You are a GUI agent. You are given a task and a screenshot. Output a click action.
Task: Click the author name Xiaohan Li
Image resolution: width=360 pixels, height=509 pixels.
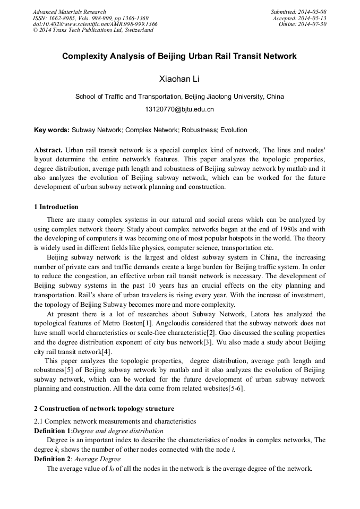[x=179, y=79]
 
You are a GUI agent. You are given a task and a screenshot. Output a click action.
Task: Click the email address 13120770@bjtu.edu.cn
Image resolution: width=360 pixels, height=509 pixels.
[x=179, y=109]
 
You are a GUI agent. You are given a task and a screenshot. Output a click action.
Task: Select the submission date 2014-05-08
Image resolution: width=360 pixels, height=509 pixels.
[x=313, y=12]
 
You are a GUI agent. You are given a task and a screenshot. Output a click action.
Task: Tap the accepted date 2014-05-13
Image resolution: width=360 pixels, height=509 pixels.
[x=313, y=18]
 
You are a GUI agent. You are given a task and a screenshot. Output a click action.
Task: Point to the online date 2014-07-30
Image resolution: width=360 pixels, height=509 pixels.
[x=313, y=24]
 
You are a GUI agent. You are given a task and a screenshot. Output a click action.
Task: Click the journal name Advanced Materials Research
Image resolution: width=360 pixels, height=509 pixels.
[x=70, y=12]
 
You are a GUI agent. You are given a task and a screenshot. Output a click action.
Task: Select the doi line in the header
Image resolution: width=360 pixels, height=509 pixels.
[x=95, y=24]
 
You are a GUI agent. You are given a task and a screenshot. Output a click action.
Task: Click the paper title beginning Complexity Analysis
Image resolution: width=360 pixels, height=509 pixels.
[x=179, y=56]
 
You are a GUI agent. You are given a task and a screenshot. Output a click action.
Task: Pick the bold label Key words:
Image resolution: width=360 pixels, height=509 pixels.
[x=52, y=130]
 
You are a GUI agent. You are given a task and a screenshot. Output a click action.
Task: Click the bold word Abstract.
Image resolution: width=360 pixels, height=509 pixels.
[x=48, y=150]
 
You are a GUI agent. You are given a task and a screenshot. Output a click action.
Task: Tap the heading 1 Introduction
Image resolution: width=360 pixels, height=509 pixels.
[x=56, y=207]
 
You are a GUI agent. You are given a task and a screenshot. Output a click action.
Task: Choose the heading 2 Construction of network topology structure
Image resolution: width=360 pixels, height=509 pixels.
[x=104, y=409]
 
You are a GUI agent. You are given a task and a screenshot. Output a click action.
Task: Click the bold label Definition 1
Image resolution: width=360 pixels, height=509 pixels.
[x=52, y=430]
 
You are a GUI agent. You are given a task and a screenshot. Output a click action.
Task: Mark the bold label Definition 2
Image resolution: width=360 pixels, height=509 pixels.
[x=52, y=459]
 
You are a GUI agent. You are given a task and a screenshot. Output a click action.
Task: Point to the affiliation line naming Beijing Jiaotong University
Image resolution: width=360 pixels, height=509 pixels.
[x=179, y=97]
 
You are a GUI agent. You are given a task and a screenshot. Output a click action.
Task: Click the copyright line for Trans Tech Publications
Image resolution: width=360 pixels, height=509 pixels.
[x=93, y=30]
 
